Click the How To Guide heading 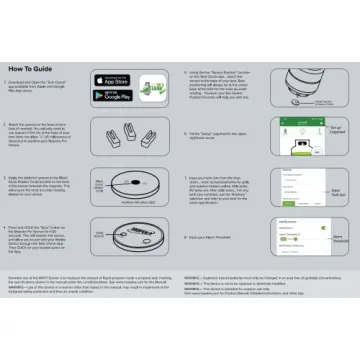click(x=45, y=57)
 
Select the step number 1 click(x=23, y=74)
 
